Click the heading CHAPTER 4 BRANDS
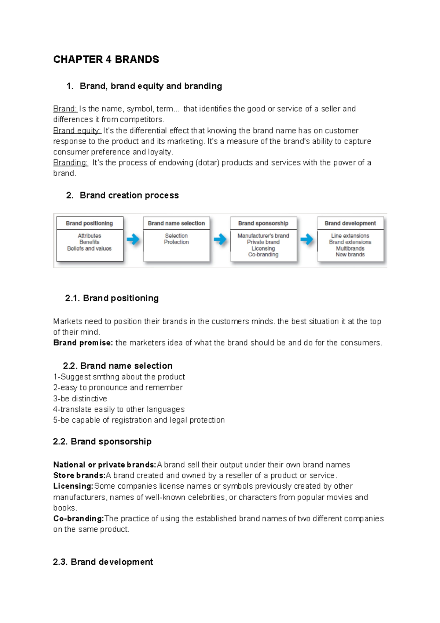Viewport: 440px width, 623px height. pyautogui.click(x=106, y=59)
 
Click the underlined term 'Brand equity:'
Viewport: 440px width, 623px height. pyautogui.click(x=77, y=131)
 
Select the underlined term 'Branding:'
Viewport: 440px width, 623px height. pyautogui.click(x=70, y=163)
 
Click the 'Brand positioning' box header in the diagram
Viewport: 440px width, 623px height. pyautogui.click(x=89, y=223)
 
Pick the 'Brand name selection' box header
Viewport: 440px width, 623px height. pyautogui.click(x=176, y=223)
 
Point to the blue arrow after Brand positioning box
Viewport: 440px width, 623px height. pyautogui.click(x=133, y=240)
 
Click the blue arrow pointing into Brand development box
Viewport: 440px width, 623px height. pyautogui.click(x=307, y=240)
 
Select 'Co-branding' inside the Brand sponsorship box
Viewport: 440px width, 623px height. pyautogui.click(x=263, y=255)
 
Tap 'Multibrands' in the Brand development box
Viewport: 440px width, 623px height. pyautogui.click(x=350, y=248)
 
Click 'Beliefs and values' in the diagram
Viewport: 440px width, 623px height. pyautogui.click(x=89, y=248)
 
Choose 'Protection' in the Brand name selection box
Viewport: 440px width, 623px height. pyautogui.click(x=176, y=242)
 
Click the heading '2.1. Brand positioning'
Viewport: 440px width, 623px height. pyautogui.click(x=112, y=298)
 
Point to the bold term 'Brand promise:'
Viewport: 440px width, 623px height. pyautogui.click(x=83, y=343)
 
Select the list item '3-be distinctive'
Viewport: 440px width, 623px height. pyautogui.click(x=80, y=398)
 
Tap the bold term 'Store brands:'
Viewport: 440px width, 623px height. pyautogui.click(x=79, y=476)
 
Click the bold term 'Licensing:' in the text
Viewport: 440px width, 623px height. pyautogui.click(x=73, y=486)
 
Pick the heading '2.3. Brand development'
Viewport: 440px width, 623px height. pyautogui.click(x=103, y=562)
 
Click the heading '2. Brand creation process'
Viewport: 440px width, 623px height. pyautogui.click(x=122, y=195)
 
